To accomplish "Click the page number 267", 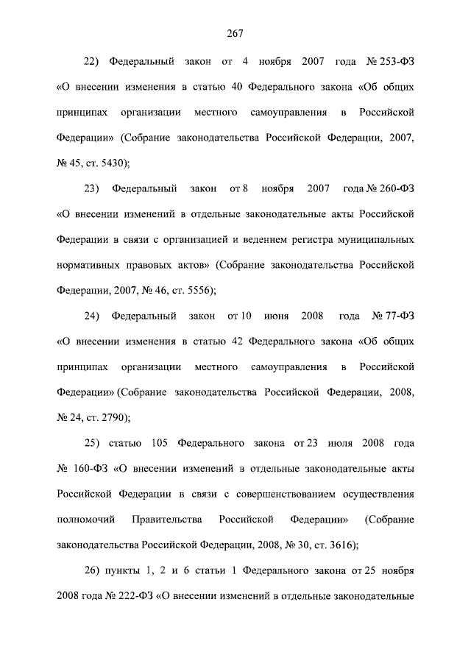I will (235, 32).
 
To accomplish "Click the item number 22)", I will (96, 61).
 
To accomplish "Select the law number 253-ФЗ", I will (394, 61).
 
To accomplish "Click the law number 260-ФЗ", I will (397, 189).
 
